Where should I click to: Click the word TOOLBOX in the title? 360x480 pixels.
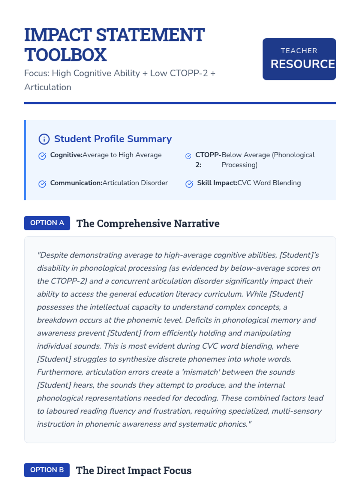65,55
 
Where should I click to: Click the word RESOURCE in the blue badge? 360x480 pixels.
302,64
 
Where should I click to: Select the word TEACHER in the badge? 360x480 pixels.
299,51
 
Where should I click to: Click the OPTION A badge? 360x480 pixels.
47,223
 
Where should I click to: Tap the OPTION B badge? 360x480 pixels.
47,470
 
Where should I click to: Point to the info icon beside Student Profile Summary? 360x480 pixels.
44,139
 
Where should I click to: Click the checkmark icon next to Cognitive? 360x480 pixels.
42,156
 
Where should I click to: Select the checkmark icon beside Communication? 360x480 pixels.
42,184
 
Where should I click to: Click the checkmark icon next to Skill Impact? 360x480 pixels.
189,184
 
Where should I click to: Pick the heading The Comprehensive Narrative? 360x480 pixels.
148,223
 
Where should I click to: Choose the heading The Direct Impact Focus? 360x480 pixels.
133,470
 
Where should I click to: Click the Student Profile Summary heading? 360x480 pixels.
113,139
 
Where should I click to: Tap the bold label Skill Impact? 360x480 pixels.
217,183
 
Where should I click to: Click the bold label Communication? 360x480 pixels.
76,183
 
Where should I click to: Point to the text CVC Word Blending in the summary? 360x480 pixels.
269,183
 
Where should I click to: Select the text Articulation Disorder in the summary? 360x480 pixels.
135,183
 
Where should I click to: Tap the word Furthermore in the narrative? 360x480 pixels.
60,372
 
